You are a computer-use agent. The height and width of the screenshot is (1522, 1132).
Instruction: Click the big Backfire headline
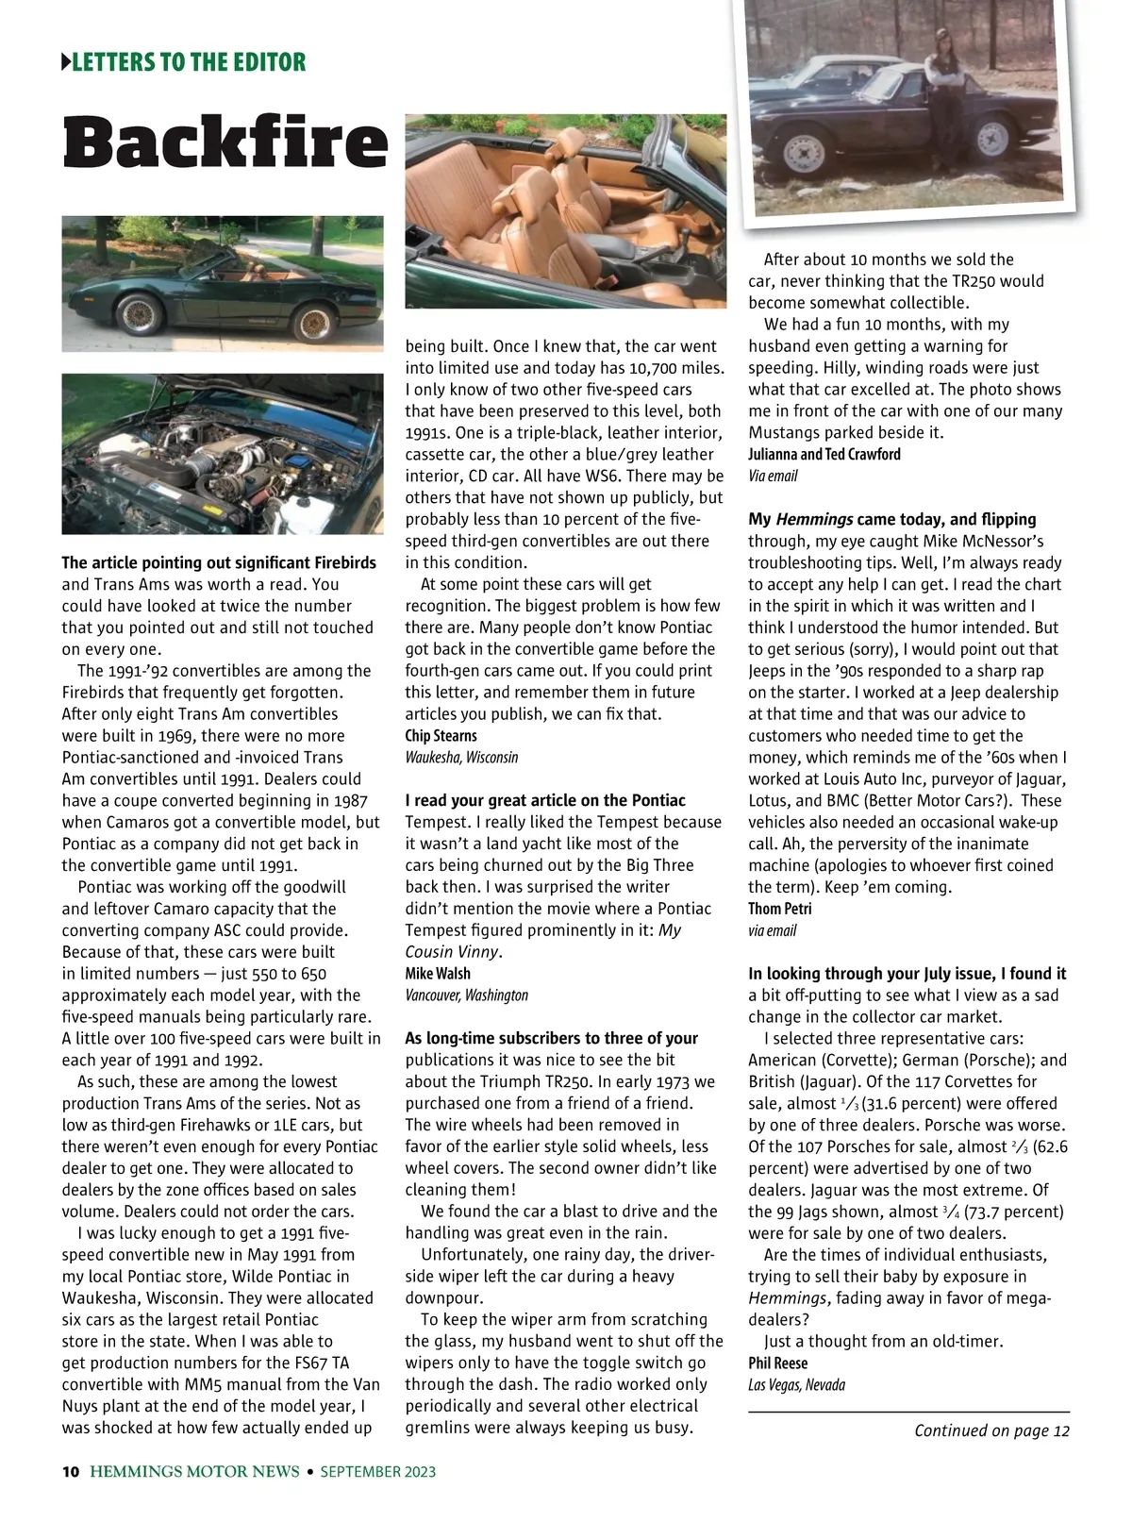click(225, 142)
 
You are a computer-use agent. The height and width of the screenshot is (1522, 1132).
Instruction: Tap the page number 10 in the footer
click(71, 1471)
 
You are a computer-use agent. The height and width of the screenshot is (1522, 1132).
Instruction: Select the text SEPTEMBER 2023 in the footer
click(378, 1471)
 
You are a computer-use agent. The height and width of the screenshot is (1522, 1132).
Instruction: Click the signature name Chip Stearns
click(441, 735)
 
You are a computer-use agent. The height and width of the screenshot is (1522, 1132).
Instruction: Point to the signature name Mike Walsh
click(438, 973)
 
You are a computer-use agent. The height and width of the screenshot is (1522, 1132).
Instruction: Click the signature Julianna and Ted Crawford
click(824, 454)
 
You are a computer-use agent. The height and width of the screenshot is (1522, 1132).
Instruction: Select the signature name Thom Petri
click(779, 909)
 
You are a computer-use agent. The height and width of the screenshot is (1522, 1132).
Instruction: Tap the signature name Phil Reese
click(778, 1363)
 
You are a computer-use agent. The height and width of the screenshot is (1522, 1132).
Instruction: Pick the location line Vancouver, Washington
click(466, 995)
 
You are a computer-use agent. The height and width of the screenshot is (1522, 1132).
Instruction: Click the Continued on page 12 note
click(991, 1430)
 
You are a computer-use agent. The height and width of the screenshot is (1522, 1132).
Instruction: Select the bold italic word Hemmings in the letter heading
click(814, 519)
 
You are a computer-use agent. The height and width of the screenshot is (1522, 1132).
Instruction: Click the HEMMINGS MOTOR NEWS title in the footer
click(194, 1471)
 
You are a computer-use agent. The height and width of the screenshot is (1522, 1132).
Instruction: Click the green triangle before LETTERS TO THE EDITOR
click(66, 63)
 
